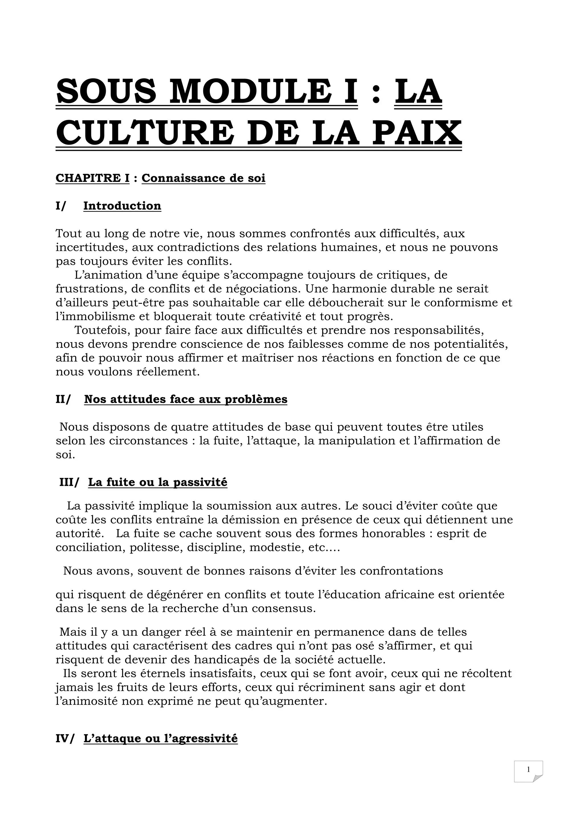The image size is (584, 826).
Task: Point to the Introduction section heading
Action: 122,206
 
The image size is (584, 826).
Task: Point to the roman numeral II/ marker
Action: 63,399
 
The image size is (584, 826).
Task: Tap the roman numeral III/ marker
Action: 68,482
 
